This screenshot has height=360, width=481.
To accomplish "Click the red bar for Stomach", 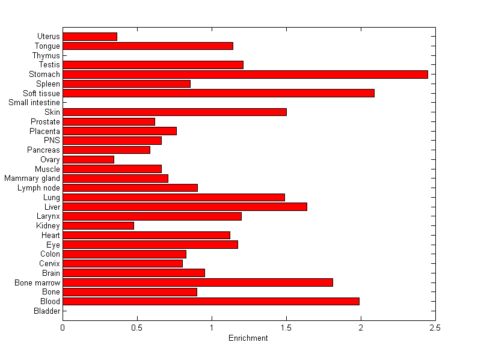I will click(245, 75).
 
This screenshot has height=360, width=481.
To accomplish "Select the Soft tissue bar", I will click(218, 93).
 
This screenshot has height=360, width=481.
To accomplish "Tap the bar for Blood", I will click(211, 301).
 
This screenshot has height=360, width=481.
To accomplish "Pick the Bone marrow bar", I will click(198, 282).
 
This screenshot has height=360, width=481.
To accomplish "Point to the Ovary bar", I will click(88, 159).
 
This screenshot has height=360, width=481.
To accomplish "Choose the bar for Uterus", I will click(90, 37).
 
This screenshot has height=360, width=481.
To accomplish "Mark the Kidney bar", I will click(98, 225).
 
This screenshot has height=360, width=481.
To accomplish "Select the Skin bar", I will click(174, 112).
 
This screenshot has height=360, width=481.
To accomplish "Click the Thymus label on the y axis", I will click(46, 56).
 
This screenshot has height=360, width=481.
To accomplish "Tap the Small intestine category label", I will click(34, 103).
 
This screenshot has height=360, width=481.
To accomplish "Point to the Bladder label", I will click(47, 311).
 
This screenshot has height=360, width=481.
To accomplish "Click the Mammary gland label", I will click(32, 178).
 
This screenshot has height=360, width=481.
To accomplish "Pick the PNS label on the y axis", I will click(52, 141).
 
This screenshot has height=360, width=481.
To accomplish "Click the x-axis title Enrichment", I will click(248, 338).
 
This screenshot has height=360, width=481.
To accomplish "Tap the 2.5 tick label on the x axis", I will click(435, 328).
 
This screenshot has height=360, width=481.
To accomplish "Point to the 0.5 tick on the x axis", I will click(137, 328).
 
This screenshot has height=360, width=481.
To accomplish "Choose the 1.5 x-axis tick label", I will click(286, 328).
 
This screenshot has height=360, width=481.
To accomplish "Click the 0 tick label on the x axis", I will click(63, 328).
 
